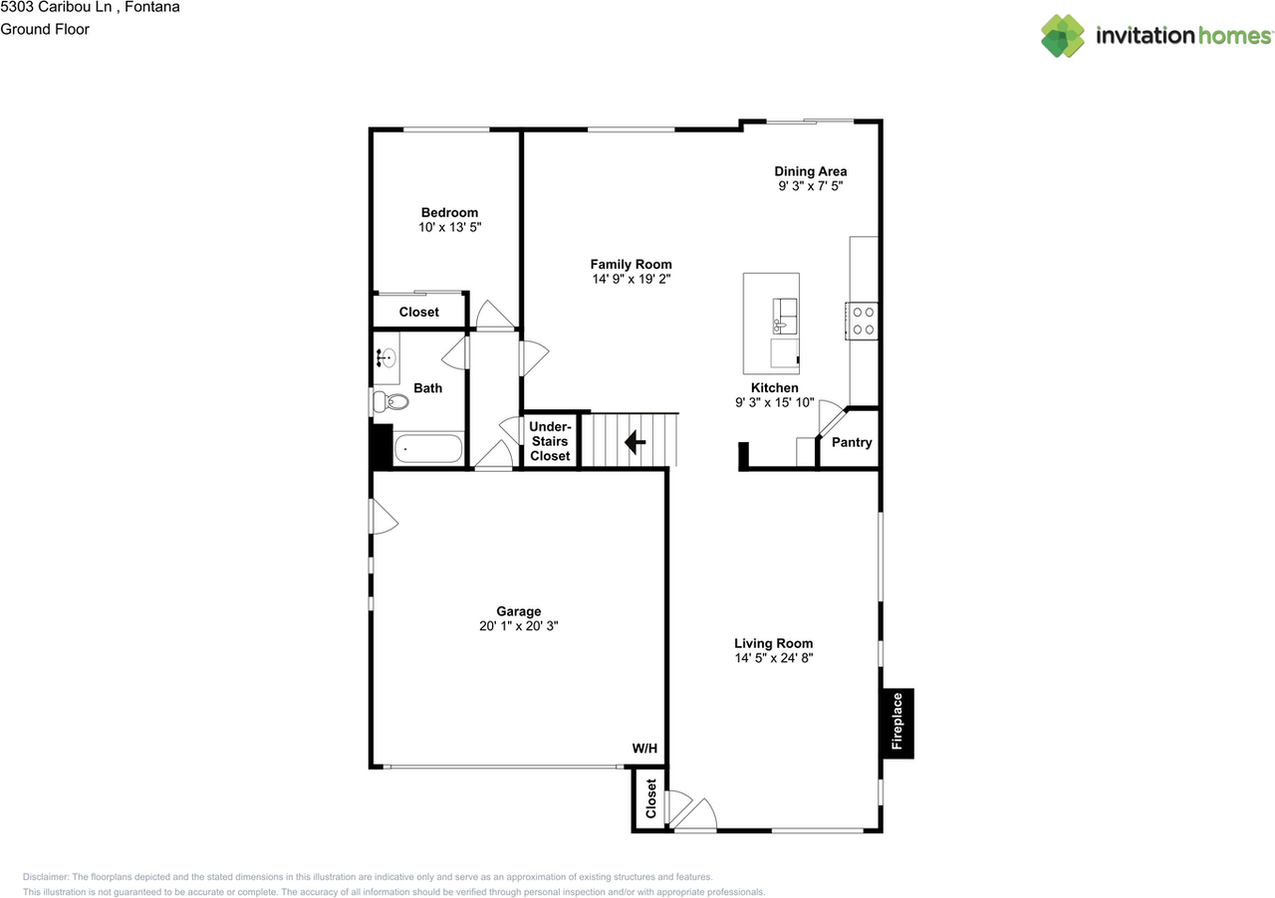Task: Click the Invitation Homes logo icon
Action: [1063, 36]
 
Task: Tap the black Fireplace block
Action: [896, 723]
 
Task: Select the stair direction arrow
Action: [634, 441]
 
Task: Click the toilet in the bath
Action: [390, 402]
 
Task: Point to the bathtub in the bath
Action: [429, 449]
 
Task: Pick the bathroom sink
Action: [386, 358]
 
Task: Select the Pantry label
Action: [852, 442]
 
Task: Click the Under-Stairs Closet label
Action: [550, 441]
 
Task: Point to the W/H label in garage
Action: [644, 749]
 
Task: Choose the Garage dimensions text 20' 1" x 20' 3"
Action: [519, 626]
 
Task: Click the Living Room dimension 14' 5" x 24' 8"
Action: [774, 658]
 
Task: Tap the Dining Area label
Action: [811, 171]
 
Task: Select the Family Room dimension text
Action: [631, 279]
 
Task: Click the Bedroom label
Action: [449, 212]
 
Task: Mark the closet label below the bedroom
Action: [419, 312]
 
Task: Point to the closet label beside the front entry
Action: [651, 798]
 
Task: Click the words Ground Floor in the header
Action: [45, 29]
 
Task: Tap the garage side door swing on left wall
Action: [383, 517]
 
